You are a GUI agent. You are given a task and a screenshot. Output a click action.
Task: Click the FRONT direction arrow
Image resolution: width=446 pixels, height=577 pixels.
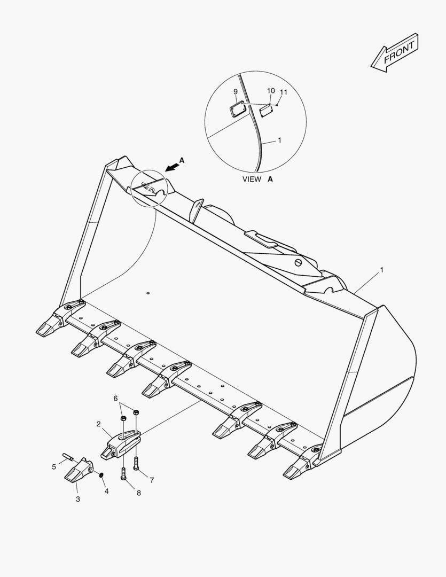tap(394, 53)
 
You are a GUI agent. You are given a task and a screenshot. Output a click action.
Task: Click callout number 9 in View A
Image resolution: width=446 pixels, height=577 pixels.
tap(236, 92)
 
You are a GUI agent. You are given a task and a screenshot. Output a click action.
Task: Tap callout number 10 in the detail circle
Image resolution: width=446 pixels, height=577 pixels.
tap(270, 90)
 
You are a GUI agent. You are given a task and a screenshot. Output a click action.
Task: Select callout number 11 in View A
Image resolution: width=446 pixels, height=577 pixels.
tap(283, 92)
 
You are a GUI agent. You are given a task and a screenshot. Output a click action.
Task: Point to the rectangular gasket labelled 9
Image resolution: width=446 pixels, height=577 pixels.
tap(237, 110)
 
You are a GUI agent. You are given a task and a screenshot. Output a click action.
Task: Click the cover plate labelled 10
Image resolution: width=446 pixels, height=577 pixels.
tap(265, 110)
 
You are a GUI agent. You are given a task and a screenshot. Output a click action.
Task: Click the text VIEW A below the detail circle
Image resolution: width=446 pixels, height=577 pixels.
tap(257, 179)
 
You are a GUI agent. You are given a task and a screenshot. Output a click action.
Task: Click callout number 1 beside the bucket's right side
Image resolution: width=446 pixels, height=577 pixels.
tap(381, 270)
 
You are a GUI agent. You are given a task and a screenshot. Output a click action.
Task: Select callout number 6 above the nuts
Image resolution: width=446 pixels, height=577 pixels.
tap(115, 399)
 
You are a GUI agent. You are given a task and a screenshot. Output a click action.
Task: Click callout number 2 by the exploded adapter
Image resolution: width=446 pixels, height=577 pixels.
tap(98, 424)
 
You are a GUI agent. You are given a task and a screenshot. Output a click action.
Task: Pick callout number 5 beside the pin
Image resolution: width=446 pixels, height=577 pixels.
tap(54, 467)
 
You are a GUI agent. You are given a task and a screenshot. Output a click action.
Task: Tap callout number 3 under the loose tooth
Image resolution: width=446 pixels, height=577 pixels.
tap(77, 499)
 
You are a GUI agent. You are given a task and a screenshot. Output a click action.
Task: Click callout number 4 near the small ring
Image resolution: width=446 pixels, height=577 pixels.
tap(106, 491)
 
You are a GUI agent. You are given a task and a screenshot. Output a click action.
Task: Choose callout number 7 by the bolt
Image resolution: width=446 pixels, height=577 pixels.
tap(152, 480)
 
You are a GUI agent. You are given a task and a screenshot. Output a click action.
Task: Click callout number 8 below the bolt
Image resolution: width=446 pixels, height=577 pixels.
tap(139, 493)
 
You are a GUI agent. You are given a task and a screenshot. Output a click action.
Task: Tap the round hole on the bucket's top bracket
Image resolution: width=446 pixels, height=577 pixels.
tap(299, 263)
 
